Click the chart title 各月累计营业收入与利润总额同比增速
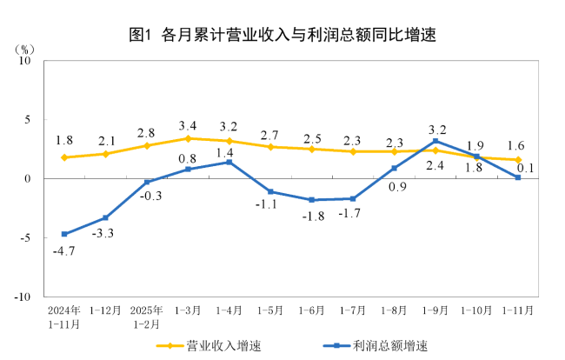pyautogui.click(x=282, y=36)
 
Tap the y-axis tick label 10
pyautogui.click(x=25, y=61)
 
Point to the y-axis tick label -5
pyautogui.click(x=25, y=237)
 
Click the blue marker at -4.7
pyautogui.click(x=64, y=234)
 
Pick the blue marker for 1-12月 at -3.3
pyautogui.click(x=105, y=217)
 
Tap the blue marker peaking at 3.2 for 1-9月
pyautogui.click(x=435, y=141)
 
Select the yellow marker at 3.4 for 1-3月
pyautogui.click(x=188, y=138)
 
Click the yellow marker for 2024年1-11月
pyautogui.click(x=64, y=157)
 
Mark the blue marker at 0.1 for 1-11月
pyautogui.click(x=518, y=177)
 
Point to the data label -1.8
pyautogui.click(x=313, y=217)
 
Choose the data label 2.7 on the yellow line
pyautogui.click(x=269, y=135)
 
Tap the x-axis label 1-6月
pyautogui.click(x=311, y=310)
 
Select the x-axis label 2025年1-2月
pyautogui.click(x=146, y=316)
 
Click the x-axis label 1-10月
pyautogui.click(x=476, y=310)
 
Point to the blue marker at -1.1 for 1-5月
pyautogui.click(x=270, y=191)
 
